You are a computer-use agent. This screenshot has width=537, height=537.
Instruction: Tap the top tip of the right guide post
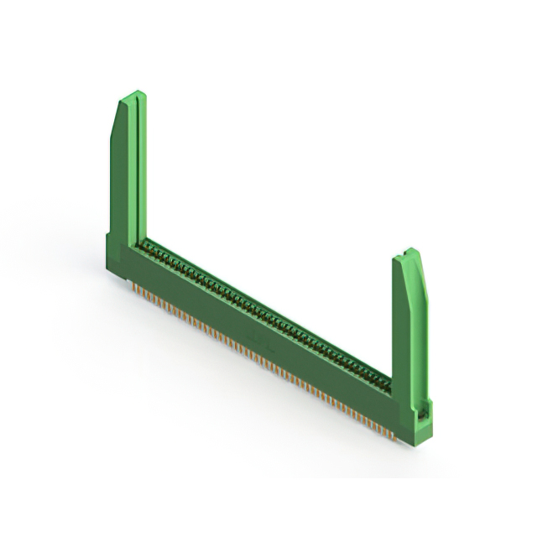(409, 251)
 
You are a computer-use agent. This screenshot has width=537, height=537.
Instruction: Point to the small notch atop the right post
(407, 253)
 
